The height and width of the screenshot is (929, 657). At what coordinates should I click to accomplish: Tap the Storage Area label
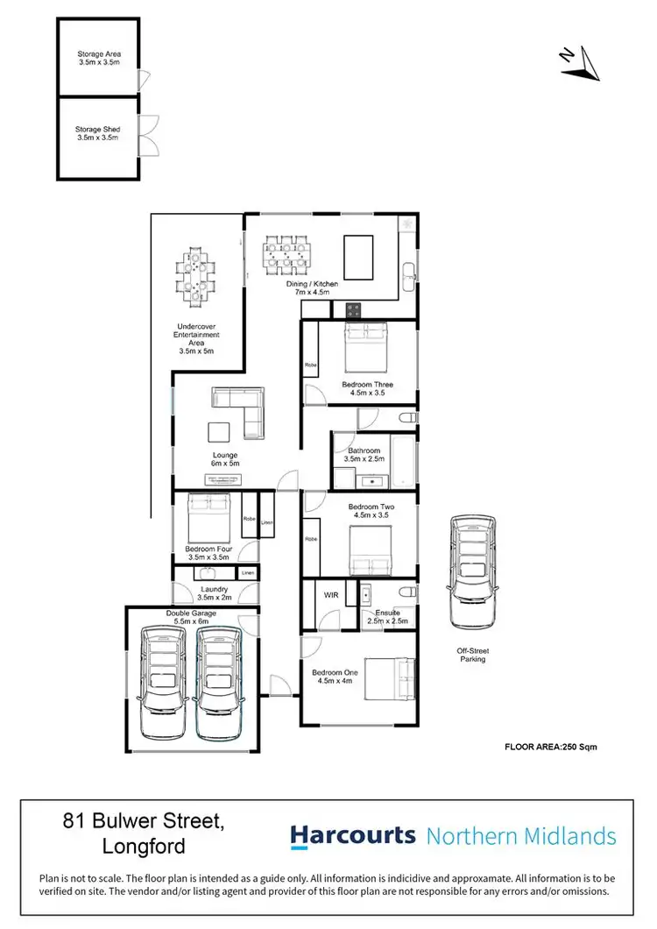pos(98,59)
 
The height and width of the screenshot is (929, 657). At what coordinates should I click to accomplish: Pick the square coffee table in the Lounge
pos(218,432)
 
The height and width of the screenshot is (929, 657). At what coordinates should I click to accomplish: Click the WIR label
pos(331,595)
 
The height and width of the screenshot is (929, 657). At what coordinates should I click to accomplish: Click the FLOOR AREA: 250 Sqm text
pos(551,747)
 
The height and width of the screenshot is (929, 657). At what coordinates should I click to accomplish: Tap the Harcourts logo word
pos(353,835)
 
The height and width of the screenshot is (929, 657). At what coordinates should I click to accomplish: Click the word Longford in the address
pos(143,848)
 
